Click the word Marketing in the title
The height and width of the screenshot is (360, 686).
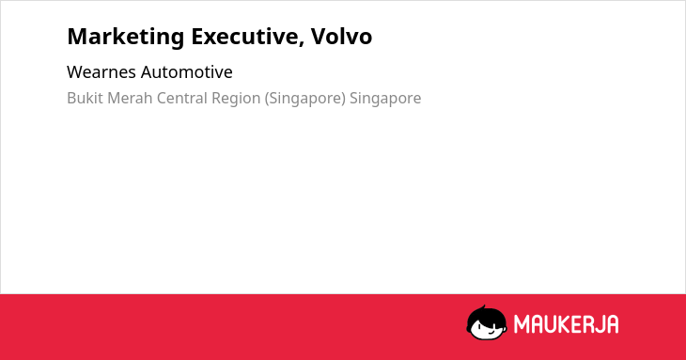pyautogui.click(x=126, y=38)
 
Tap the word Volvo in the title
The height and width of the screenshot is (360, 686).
pyautogui.click(x=341, y=36)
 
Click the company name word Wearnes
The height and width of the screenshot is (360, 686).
pyautogui.click(x=101, y=72)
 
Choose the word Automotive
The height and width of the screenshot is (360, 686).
pyautogui.click(x=187, y=72)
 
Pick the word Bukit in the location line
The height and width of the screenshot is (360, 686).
pyautogui.click(x=85, y=98)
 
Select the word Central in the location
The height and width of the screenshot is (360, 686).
pyautogui.click(x=182, y=98)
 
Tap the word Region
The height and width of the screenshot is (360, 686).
pyautogui.click(x=236, y=99)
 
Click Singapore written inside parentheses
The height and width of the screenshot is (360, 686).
pyautogui.click(x=305, y=99)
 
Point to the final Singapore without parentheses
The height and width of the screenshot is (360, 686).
pyautogui.click(x=385, y=99)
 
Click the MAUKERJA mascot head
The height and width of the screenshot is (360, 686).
pyautogui.click(x=487, y=322)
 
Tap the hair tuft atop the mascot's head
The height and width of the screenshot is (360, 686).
pyautogui.click(x=483, y=307)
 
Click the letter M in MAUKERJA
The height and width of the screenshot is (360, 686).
pyautogui.click(x=521, y=324)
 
